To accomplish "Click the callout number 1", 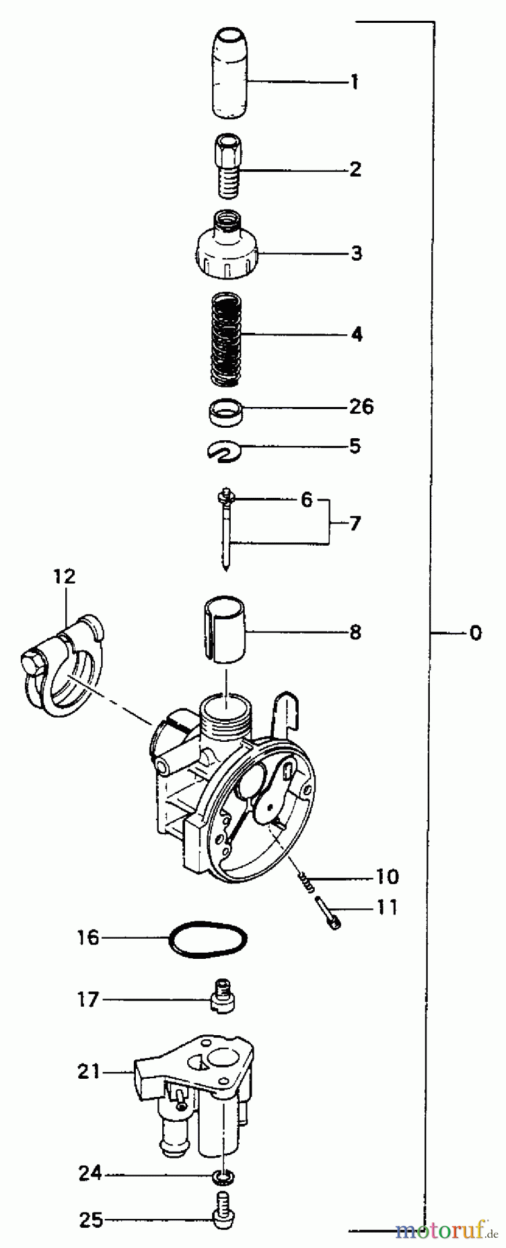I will pos(354,83).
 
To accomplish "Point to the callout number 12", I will pos(64,576).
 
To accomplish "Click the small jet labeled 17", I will pos(223,1000).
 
